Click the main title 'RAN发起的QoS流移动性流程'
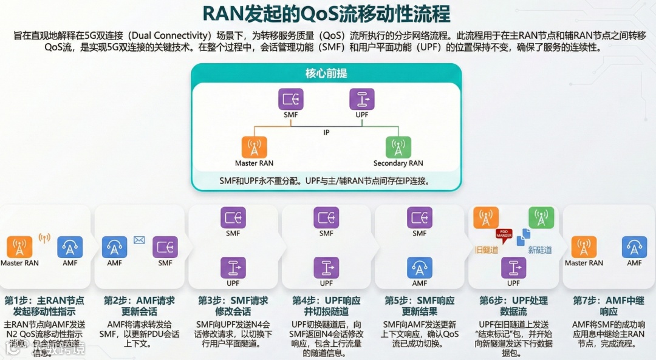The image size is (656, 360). [x=327, y=13]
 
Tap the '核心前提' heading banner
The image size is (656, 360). [x=326, y=73]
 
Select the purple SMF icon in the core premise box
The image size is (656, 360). [x=290, y=99]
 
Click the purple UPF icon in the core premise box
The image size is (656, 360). [x=362, y=99]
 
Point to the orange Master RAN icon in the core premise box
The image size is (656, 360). [x=254, y=148]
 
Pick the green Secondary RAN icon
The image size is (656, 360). [x=398, y=148]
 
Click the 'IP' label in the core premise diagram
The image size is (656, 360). [x=326, y=132]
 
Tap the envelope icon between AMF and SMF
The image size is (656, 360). [x=139, y=240]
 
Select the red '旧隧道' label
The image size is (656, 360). [x=487, y=250]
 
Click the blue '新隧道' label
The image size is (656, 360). [x=540, y=250]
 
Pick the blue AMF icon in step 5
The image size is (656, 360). [x=420, y=268]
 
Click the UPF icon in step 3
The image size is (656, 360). [x=233, y=268]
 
